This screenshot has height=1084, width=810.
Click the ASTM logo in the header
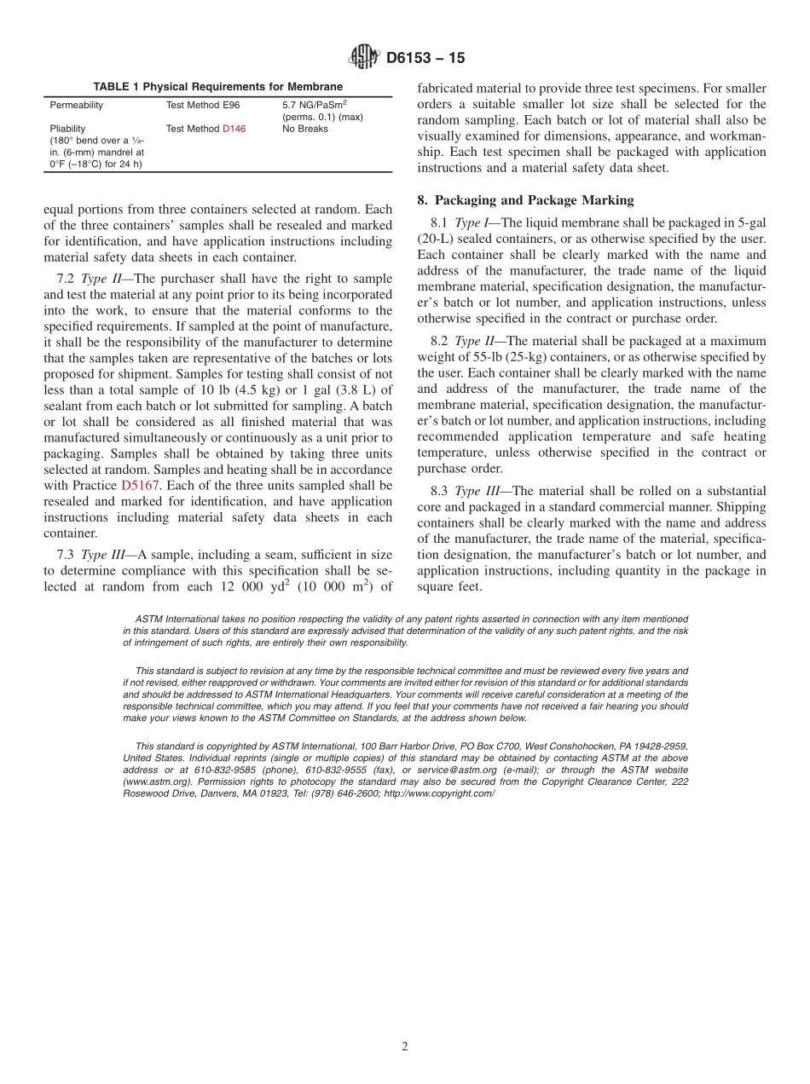[364, 58]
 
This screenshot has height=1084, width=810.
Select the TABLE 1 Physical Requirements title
[217, 87]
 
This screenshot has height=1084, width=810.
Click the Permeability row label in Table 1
[76, 105]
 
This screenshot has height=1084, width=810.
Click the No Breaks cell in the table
[304, 129]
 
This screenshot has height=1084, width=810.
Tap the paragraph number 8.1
[442, 222]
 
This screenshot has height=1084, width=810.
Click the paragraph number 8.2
[442, 341]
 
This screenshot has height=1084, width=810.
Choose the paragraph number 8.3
[442, 491]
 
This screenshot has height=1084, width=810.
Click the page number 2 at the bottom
[405, 1047]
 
